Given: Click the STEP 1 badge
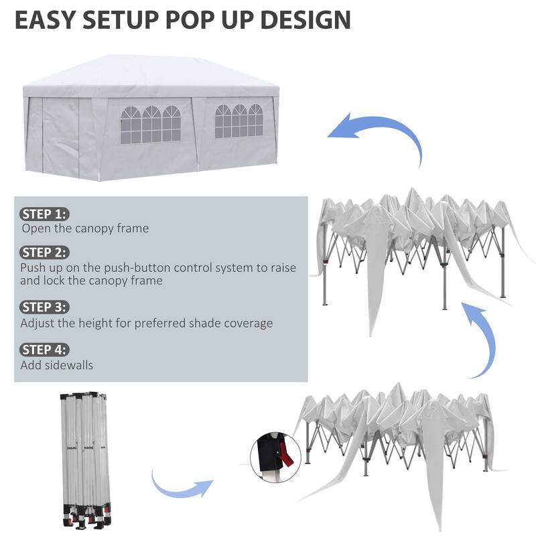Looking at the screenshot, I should (45, 214).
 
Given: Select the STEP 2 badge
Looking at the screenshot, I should (45, 253).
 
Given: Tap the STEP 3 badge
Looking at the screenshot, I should (45, 308).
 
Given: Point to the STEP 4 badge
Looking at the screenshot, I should (45, 349).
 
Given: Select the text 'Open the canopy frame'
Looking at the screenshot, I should (85, 228).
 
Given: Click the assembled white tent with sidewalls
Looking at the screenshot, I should (151, 117).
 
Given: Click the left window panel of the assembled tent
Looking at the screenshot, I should (151, 124).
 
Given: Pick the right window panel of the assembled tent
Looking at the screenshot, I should (239, 121).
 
